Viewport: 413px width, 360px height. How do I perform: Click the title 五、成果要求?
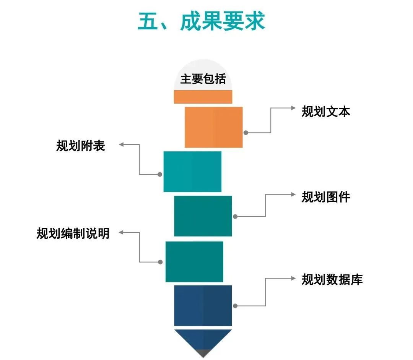click(x=202, y=21)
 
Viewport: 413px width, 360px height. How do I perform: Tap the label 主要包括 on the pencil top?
click(x=203, y=79)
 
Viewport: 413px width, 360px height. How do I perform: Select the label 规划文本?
click(x=326, y=112)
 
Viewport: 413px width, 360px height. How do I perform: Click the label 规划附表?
click(x=81, y=146)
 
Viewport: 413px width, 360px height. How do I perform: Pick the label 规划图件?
click(x=326, y=197)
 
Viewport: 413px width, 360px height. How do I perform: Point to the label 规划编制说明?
click(x=73, y=233)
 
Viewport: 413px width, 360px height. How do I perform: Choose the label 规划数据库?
click(x=332, y=279)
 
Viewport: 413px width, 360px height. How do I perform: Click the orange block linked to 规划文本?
click(x=213, y=127)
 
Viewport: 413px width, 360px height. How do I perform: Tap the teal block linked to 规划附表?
click(x=192, y=172)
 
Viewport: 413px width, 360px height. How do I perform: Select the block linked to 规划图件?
click(x=203, y=216)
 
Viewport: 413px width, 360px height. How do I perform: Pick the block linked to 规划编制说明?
click(x=194, y=261)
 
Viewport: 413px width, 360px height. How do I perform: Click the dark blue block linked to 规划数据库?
click(x=203, y=305)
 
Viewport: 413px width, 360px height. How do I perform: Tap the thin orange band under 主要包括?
click(x=203, y=97)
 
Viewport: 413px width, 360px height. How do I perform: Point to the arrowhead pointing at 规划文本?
click(x=293, y=108)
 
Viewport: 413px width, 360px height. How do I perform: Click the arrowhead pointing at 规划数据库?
click(x=293, y=279)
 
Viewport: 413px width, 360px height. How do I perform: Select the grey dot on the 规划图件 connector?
click(x=235, y=217)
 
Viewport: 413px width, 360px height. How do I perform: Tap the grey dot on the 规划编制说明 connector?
click(x=160, y=262)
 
